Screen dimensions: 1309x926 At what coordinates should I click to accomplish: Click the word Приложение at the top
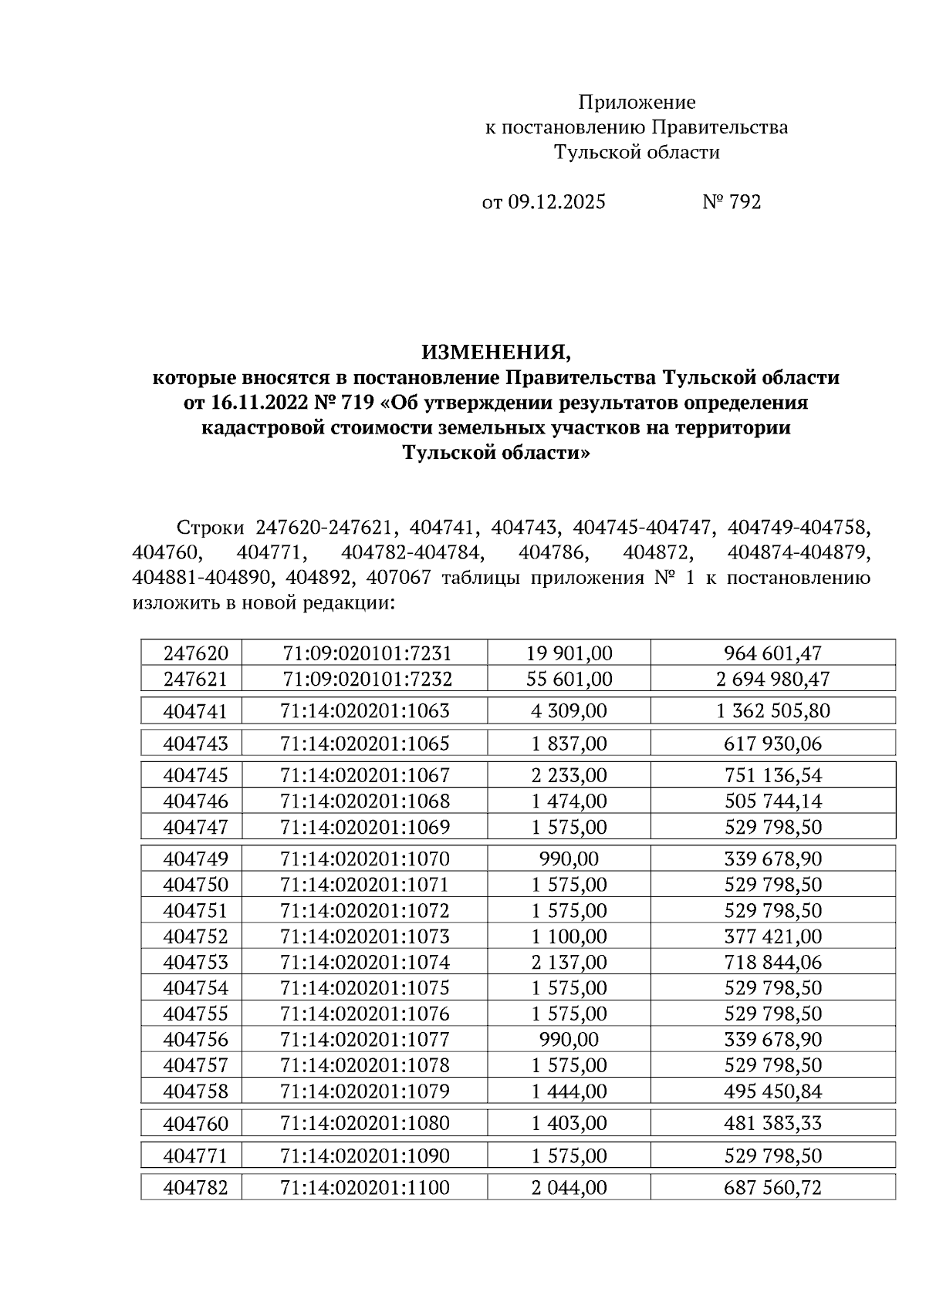(x=637, y=103)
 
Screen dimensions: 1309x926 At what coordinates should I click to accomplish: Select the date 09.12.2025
(x=556, y=202)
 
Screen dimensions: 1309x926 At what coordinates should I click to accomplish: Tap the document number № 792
(x=732, y=202)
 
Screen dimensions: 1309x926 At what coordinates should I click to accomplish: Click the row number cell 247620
(x=196, y=653)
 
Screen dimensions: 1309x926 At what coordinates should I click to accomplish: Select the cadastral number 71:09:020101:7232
(x=367, y=680)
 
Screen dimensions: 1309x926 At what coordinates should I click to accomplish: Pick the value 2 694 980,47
(x=773, y=680)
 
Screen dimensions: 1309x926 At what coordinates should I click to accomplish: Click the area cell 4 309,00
(x=569, y=710)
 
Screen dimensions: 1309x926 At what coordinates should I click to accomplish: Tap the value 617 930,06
(x=773, y=744)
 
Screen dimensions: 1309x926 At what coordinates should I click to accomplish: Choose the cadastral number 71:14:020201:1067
(x=365, y=775)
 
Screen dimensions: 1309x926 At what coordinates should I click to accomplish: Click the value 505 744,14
(x=773, y=801)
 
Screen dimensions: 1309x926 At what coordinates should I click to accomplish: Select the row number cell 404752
(x=196, y=936)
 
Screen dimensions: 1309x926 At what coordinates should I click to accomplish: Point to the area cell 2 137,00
(x=569, y=963)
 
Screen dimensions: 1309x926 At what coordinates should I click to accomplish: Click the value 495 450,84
(x=773, y=1091)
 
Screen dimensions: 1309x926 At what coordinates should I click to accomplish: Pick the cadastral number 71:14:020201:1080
(x=365, y=1123)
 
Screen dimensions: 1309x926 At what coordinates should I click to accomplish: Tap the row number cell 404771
(x=196, y=1155)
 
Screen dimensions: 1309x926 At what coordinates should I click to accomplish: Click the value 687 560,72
(x=773, y=1188)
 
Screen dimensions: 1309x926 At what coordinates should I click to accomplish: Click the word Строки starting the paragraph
(x=210, y=528)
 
